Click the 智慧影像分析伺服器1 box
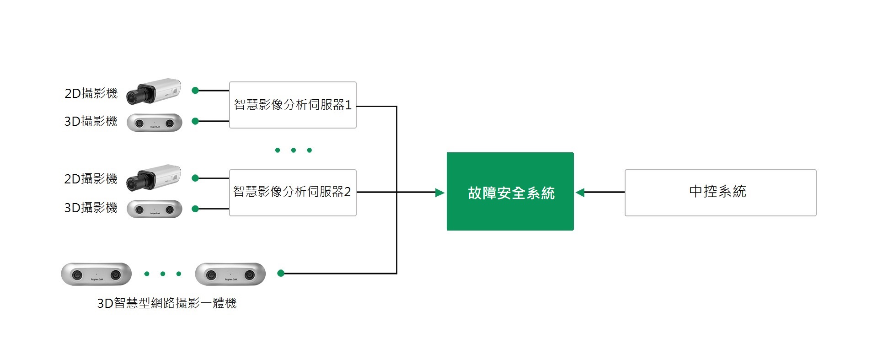[293, 105]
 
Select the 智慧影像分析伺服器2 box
[293, 193]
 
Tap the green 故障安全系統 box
[510, 191]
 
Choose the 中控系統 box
[720, 193]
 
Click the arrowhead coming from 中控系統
[580, 193]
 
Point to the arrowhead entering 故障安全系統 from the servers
[440, 193]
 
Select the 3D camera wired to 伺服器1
[155, 123]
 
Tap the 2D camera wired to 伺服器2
[154, 177]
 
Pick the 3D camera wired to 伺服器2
[155, 209]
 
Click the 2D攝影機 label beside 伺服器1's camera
[91, 93]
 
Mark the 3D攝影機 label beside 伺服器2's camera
[91, 208]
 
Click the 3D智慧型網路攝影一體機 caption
[167, 303]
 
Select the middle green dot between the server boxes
[294, 150]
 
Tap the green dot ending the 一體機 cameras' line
[281, 273]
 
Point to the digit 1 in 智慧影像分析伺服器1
[348, 105]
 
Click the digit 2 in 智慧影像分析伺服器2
[348, 192]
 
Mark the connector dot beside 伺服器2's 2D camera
[195, 178]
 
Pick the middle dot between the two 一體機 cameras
[163, 274]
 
